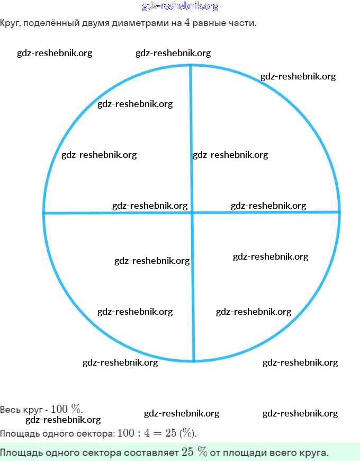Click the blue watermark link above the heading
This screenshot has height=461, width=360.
[x=180, y=6]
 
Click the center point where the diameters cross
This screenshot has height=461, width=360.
[x=191, y=212]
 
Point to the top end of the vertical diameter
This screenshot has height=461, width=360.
[x=190, y=66]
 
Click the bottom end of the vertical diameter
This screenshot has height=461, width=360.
[x=193, y=361]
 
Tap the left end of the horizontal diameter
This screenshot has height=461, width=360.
[x=43, y=213]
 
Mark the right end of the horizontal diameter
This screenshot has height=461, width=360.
[x=339, y=212]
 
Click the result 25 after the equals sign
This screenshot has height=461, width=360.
[x=170, y=433]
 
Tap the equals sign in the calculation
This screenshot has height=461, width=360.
[x=160, y=433]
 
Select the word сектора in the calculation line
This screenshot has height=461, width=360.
[x=96, y=433]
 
